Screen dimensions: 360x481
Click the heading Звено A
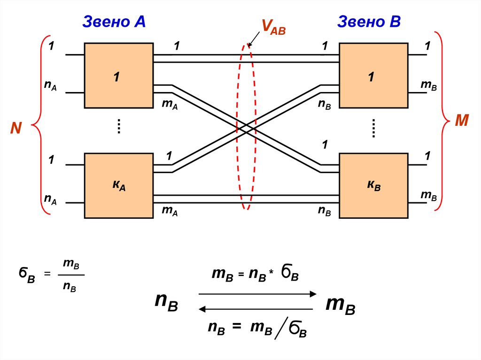pyautogui.click(x=114, y=21)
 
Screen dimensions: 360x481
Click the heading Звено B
pyautogui.click(x=369, y=21)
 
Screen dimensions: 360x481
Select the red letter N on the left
pyautogui.click(x=16, y=128)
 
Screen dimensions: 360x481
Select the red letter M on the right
pyautogui.click(x=462, y=122)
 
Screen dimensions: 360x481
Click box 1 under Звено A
pyautogui.click(x=118, y=76)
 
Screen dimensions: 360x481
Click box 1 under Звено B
pyautogui.click(x=373, y=76)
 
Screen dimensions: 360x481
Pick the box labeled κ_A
pyautogui.click(x=118, y=185)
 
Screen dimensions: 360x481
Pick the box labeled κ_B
pyautogui.click(x=373, y=185)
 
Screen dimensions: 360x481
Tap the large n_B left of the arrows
pyautogui.click(x=166, y=303)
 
